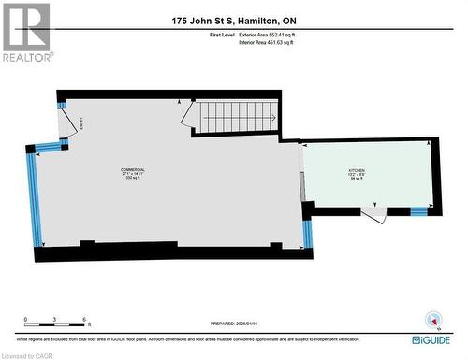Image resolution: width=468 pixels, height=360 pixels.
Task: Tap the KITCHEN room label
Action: [x=358, y=171]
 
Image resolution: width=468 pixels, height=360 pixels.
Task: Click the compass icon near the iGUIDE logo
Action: [x=432, y=318]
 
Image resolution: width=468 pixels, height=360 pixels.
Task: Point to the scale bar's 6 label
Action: [x=85, y=319]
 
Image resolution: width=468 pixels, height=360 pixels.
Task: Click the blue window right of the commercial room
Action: [x=307, y=234]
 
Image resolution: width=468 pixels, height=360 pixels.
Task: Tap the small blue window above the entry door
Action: [x=62, y=105]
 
